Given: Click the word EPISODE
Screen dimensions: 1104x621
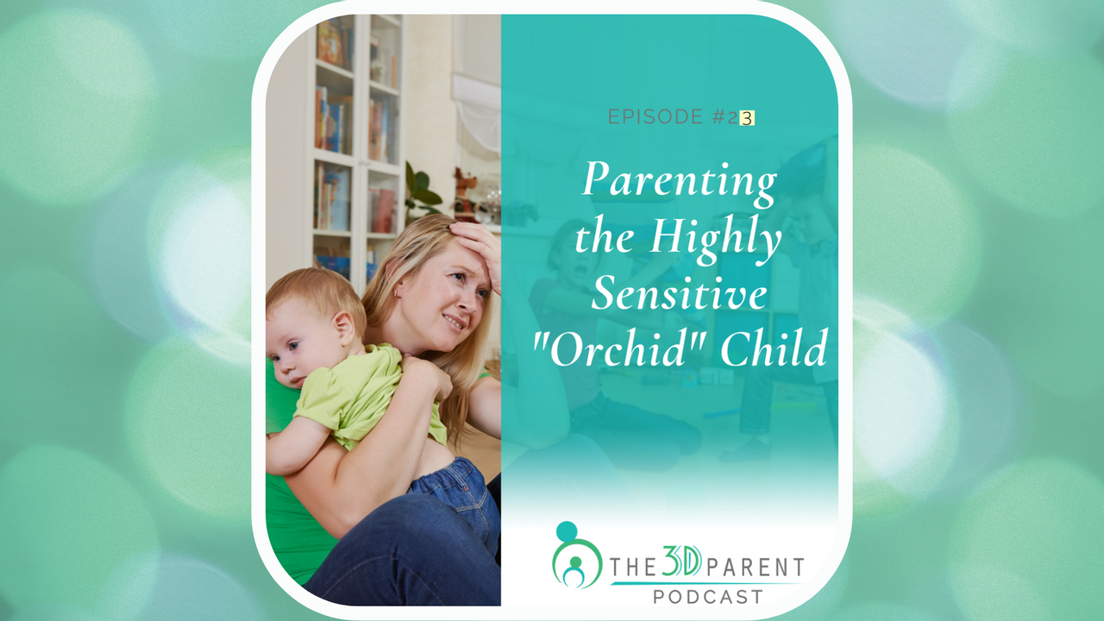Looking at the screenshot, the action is tap(655, 116).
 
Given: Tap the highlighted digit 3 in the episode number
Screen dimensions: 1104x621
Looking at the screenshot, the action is tap(747, 118).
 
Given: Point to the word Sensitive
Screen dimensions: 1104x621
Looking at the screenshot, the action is tap(679, 293).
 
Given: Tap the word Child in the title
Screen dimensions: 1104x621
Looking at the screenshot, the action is tap(774, 348).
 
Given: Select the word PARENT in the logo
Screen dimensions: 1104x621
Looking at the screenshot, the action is tap(755, 568).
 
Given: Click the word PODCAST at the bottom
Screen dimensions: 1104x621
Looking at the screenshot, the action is tap(708, 597).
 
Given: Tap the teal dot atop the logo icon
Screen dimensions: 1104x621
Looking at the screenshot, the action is tap(567, 531).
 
